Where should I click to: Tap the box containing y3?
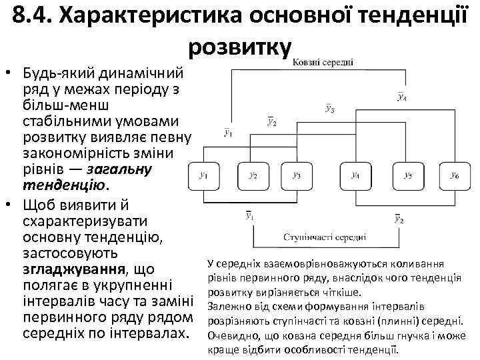(x=297, y=176)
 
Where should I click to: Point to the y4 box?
(x=355, y=176)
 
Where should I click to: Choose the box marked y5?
(x=407, y=176)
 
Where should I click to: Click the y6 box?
(x=455, y=176)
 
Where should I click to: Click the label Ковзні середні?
(x=323, y=61)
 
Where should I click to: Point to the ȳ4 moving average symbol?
(x=403, y=97)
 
